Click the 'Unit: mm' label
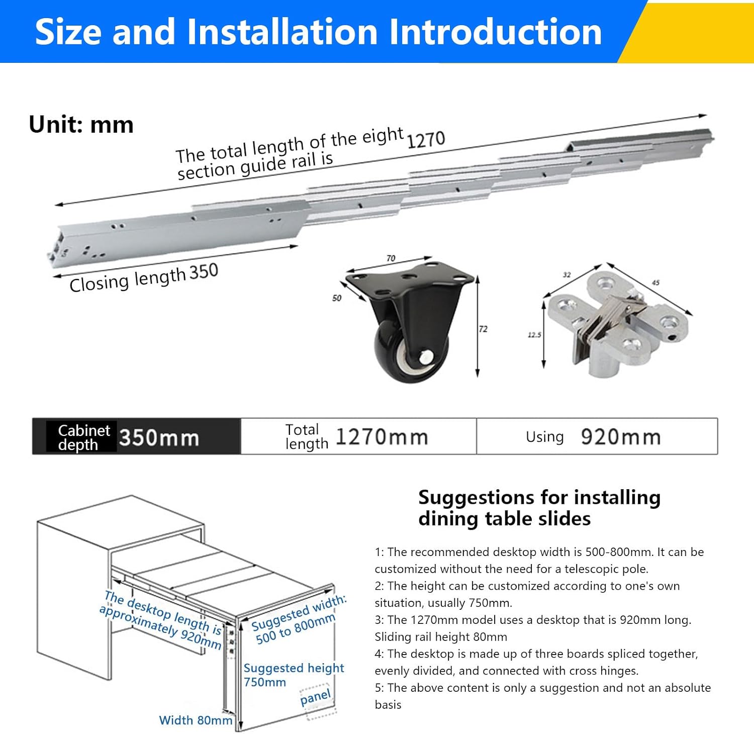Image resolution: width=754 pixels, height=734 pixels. tap(81, 125)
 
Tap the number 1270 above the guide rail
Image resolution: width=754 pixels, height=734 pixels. tap(425, 140)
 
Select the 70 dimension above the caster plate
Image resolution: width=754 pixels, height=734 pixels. tap(391, 258)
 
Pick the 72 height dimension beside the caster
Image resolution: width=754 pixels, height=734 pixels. tap(483, 329)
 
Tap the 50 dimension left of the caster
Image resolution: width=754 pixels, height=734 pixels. tap(337, 298)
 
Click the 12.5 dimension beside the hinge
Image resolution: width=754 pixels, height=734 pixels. tap(534, 335)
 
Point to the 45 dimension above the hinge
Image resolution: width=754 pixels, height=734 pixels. tap(655, 283)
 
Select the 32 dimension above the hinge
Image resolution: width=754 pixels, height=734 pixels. tap(567, 275)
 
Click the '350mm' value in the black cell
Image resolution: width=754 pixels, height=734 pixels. tap(159, 438)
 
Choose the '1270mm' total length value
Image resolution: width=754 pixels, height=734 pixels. tap(382, 437)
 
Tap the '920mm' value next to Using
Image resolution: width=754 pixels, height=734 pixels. tap(621, 437)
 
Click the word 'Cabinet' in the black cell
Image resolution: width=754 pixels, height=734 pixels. tap(84, 430)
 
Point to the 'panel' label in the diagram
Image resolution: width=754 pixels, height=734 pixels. tap(316, 698)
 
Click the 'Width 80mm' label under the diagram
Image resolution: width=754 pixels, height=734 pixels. tap(196, 720)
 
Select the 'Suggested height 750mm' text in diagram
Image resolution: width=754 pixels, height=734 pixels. tap(294, 675)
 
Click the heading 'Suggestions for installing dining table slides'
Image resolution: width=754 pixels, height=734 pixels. tap(539, 508)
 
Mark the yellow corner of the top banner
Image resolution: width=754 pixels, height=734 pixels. tap(694, 31)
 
